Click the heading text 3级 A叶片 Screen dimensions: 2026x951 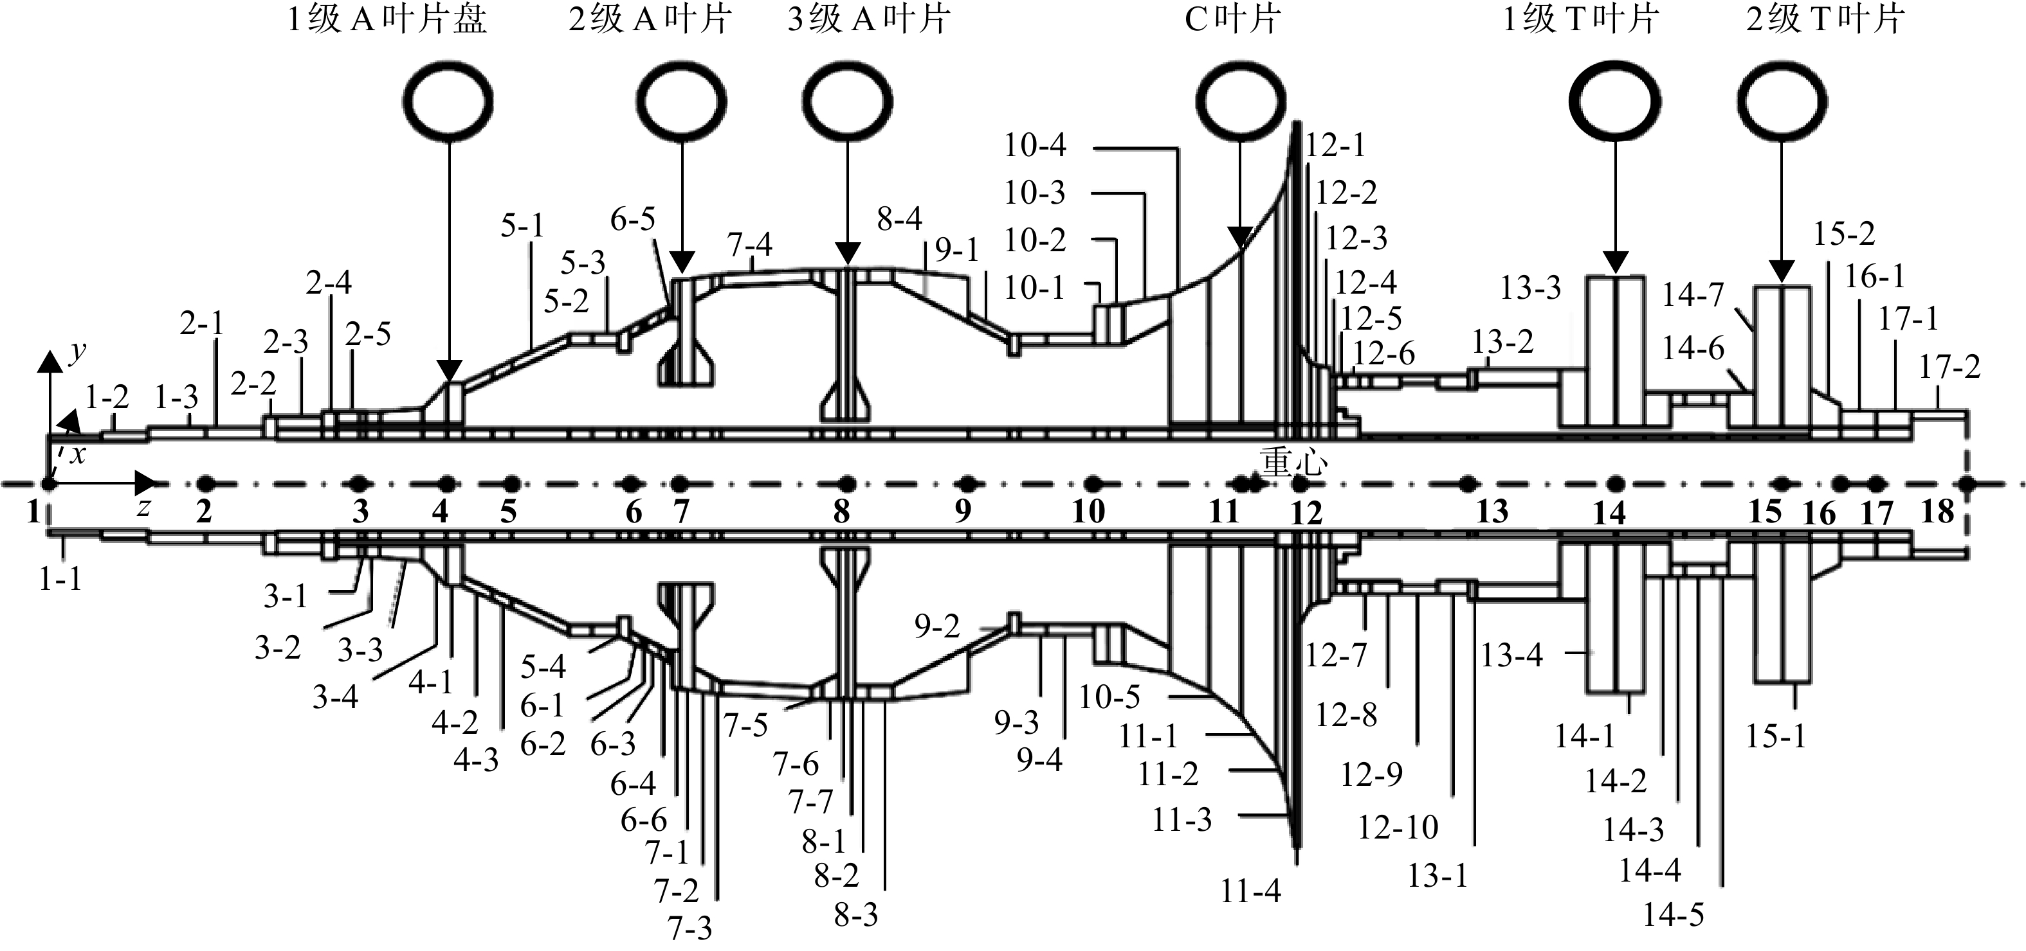pyautogui.click(x=868, y=20)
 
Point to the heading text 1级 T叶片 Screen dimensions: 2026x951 pyautogui.click(x=1581, y=20)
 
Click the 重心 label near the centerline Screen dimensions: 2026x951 pyautogui.click(x=1294, y=463)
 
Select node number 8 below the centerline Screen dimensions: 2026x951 pyautogui.click(x=841, y=512)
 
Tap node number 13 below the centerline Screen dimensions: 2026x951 pyautogui.click(x=1492, y=512)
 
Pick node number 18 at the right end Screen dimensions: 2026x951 pyautogui.click(x=1937, y=512)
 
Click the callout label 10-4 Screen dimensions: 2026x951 pyautogui.click(x=1035, y=145)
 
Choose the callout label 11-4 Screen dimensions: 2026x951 pyautogui.click(x=1250, y=891)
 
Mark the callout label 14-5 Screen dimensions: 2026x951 pyautogui.click(x=1673, y=915)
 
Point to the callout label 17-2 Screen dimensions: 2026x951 pyautogui.click(x=1949, y=367)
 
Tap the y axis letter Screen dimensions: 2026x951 pyautogui.click(x=77, y=353)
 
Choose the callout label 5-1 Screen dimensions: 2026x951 pyautogui.click(x=523, y=226)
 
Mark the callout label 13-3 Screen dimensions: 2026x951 pyautogui.click(x=1529, y=289)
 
